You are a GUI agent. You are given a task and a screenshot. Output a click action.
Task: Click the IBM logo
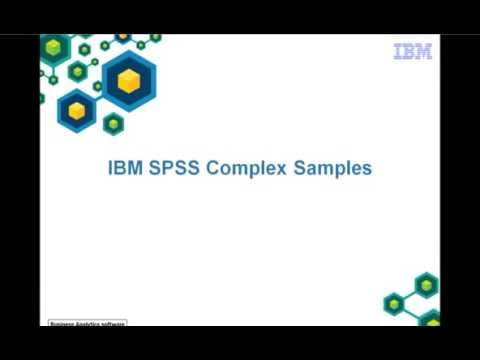click(x=412, y=52)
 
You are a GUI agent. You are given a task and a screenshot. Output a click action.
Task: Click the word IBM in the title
click(x=124, y=169)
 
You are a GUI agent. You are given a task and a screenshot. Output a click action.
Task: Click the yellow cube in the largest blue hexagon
click(x=129, y=82)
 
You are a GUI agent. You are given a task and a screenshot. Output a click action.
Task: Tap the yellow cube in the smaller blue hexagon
click(x=76, y=111)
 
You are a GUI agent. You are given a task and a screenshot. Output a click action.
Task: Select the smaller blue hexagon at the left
click(x=76, y=110)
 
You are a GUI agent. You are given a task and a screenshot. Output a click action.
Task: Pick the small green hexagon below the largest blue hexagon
click(x=113, y=124)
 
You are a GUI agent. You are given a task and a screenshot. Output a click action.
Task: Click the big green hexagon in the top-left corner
click(x=56, y=46)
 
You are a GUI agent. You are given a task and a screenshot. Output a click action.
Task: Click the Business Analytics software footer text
click(x=88, y=325)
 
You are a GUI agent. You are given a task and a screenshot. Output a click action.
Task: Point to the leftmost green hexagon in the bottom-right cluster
click(x=395, y=302)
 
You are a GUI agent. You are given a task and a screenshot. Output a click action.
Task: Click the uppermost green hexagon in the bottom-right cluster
click(x=427, y=285)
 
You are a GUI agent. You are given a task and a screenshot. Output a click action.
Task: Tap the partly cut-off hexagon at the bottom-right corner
click(x=432, y=320)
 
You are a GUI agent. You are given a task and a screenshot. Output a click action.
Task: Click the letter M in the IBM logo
click(x=423, y=52)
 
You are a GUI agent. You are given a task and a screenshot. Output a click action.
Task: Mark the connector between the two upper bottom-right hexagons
click(x=410, y=294)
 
